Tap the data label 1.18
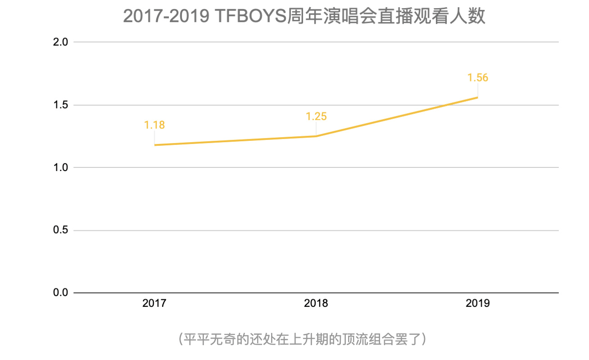click(154, 125)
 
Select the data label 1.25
click(316, 117)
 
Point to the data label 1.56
click(478, 78)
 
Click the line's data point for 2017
click(154, 145)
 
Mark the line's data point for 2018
click(316, 136)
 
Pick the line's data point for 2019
click(477, 97)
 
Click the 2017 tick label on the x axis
click(154, 303)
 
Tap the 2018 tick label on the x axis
click(316, 303)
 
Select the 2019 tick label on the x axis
click(478, 303)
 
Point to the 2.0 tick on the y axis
click(60, 42)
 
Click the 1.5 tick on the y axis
click(60, 105)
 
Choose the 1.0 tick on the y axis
click(60, 167)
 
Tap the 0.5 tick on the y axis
click(60, 230)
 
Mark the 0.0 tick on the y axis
click(60, 293)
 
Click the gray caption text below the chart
click(302, 339)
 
